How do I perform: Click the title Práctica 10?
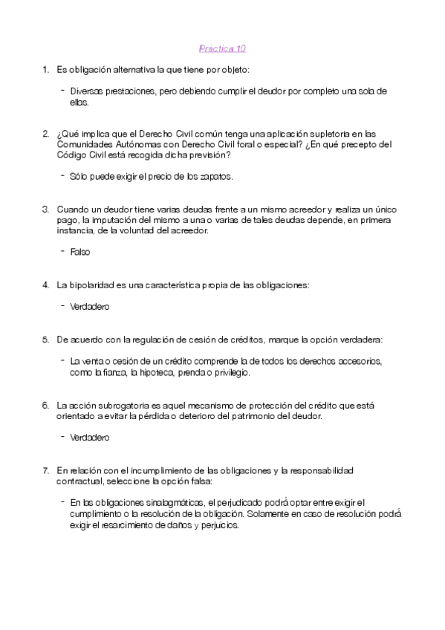coord(222,49)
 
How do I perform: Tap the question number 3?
coord(45,210)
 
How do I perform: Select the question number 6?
coord(45,405)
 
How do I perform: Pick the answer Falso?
coord(80,252)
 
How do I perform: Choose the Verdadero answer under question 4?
coord(90,306)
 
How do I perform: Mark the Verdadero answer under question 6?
coord(90,437)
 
